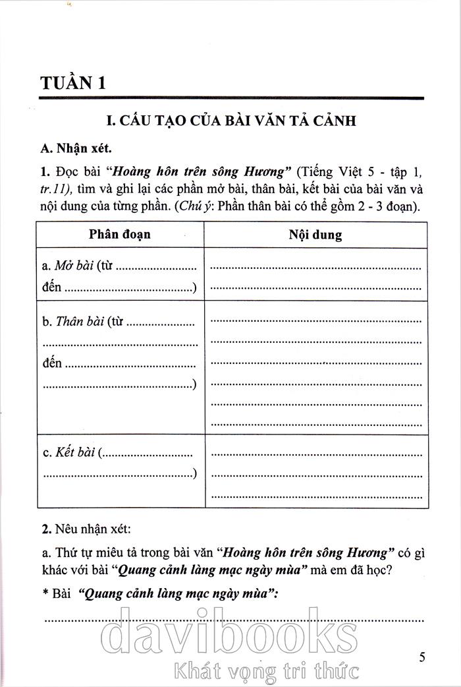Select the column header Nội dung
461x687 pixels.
(315, 235)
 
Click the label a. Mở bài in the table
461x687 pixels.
(67, 267)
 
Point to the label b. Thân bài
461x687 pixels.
(73, 322)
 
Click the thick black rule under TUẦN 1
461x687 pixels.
(230, 98)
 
